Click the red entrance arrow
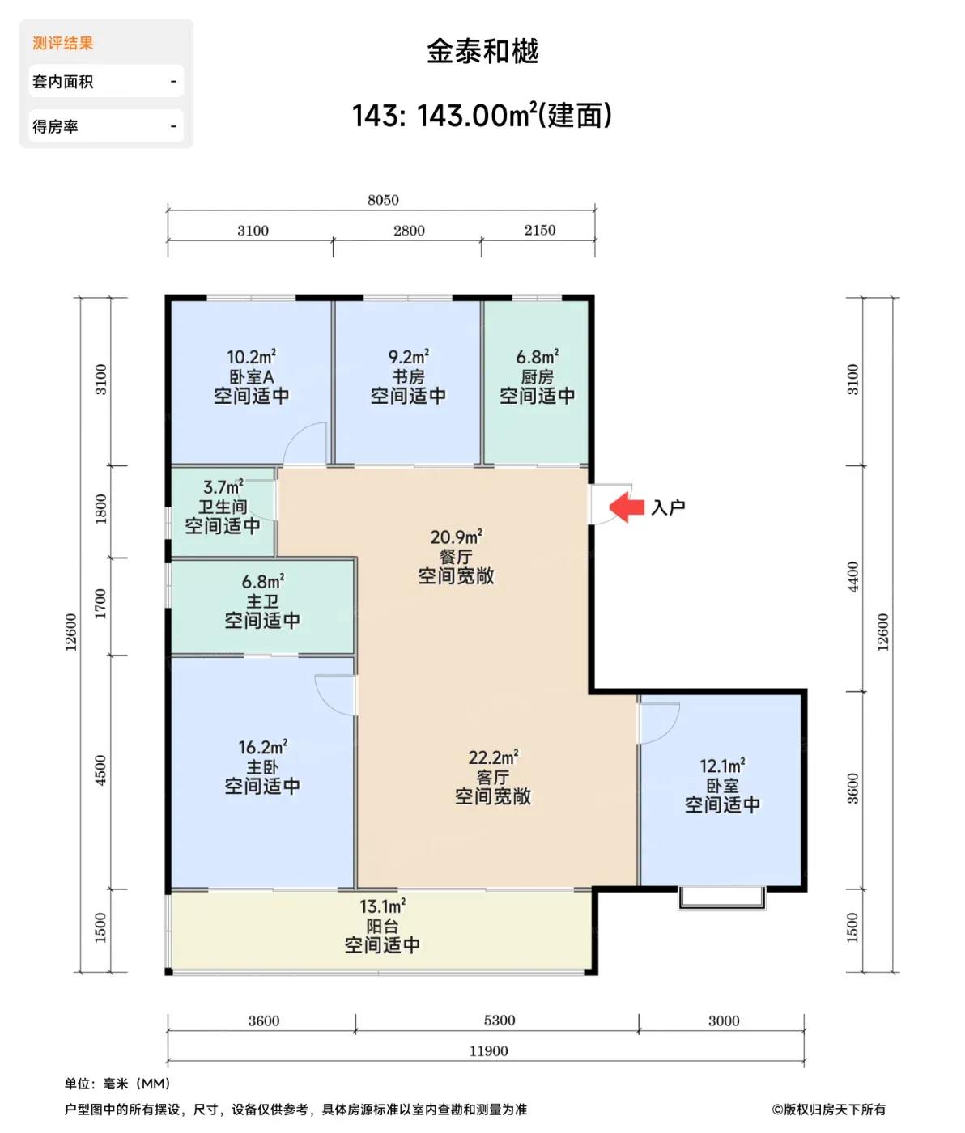626,507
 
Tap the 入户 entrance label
669,507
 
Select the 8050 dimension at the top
383,200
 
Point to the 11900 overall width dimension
488,1050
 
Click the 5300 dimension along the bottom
500,1020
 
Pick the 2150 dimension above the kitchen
540,230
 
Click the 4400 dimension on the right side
853,577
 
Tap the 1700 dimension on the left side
100,604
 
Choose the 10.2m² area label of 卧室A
252,357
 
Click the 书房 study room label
409,376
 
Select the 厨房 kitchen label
538,376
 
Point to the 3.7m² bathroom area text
223,486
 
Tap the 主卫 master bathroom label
262,601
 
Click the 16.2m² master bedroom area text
262,746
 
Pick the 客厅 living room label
493,777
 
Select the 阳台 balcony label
383,926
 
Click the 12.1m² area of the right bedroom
722,766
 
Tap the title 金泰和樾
482,52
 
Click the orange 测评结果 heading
63,43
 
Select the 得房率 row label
55,126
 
